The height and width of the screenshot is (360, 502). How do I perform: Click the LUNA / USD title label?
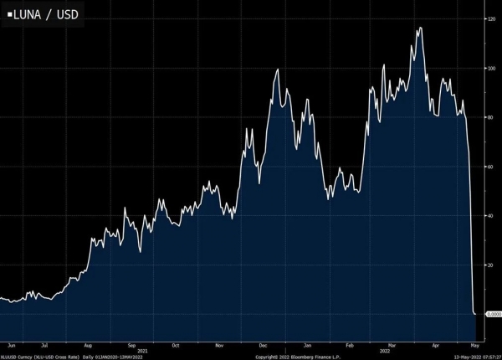click(44, 14)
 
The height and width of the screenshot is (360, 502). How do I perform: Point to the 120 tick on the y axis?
click(490, 19)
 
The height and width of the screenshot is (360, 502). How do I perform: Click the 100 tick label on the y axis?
click(490, 69)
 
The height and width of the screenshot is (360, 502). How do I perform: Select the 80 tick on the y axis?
click(490, 118)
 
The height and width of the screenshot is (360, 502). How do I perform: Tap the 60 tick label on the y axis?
click(490, 167)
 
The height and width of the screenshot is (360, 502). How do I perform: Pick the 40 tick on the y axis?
click(490, 216)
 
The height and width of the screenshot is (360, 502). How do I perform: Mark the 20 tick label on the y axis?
click(490, 265)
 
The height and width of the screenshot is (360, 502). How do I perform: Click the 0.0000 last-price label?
click(494, 314)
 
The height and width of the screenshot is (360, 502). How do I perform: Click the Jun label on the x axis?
click(11, 344)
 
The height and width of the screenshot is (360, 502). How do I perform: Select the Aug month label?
click(88, 344)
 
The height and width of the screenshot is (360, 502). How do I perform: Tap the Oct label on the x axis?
click(175, 344)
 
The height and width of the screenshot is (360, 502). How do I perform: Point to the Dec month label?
click(263, 344)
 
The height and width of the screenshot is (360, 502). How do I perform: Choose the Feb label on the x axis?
click(351, 344)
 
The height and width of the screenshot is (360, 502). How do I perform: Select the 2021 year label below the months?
click(142, 350)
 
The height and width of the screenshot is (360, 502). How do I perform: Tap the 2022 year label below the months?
click(385, 350)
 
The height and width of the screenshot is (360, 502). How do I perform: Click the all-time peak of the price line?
click(418, 28)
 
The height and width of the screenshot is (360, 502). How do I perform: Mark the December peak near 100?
click(277, 69)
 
